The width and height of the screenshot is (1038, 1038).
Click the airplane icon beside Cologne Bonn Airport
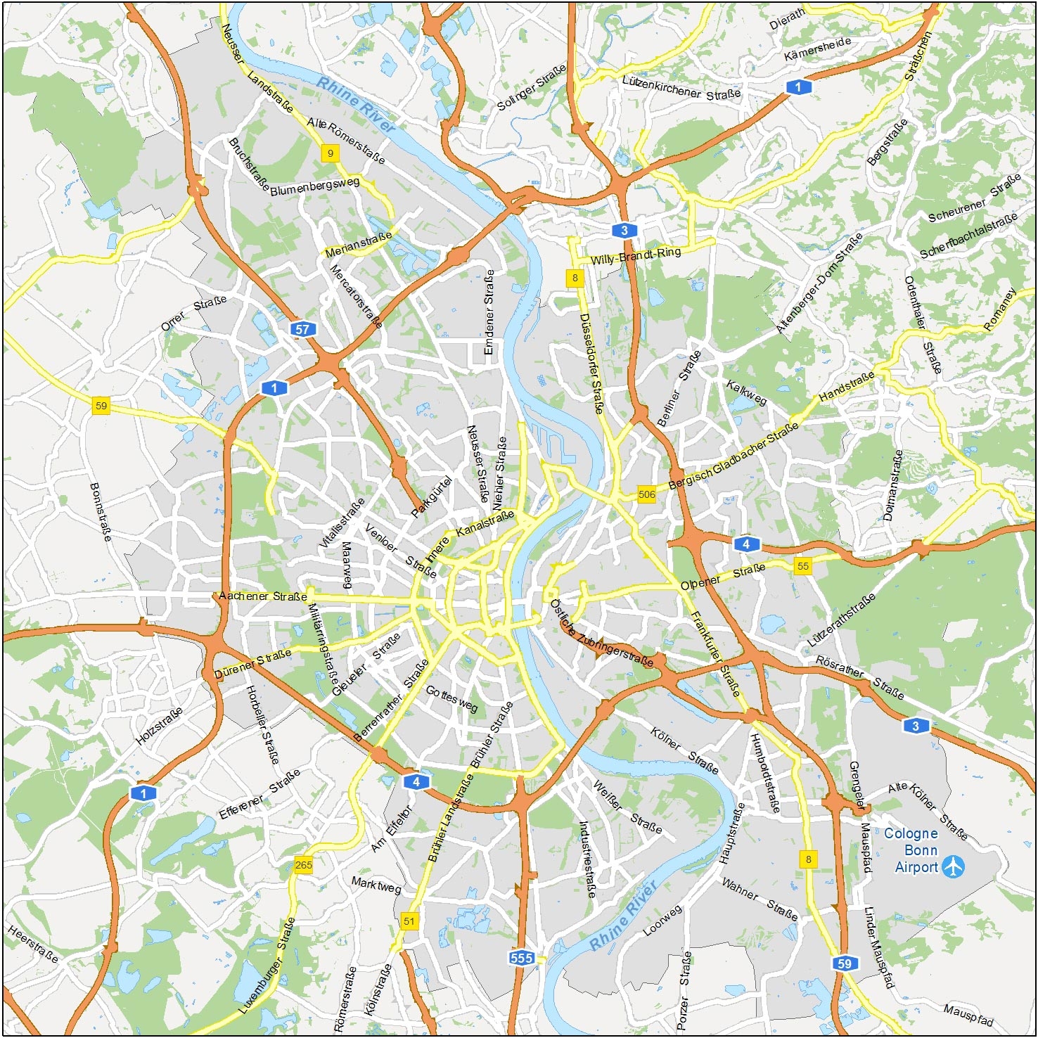coord(953,866)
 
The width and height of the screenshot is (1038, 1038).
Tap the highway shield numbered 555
coord(522,957)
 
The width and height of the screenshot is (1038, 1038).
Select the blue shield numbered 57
coord(302,329)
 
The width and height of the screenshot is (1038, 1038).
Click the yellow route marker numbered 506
coord(646,494)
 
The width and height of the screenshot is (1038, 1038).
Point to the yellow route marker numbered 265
coord(303,865)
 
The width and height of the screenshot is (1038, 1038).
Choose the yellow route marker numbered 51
coord(409,921)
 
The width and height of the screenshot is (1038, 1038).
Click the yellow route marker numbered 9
coord(330,153)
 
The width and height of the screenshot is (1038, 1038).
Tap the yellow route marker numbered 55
coord(803,565)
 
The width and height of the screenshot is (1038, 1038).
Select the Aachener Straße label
coord(262,596)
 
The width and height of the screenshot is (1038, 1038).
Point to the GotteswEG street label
coord(451,698)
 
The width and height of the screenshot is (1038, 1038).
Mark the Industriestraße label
coord(587,859)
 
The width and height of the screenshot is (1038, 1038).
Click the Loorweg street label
coord(662,921)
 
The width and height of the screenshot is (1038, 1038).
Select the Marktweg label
coord(376,885)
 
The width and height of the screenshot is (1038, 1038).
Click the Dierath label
coord(786,19)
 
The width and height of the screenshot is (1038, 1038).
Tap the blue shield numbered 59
coord(844,963)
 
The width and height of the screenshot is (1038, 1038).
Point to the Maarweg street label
coord(345,565)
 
